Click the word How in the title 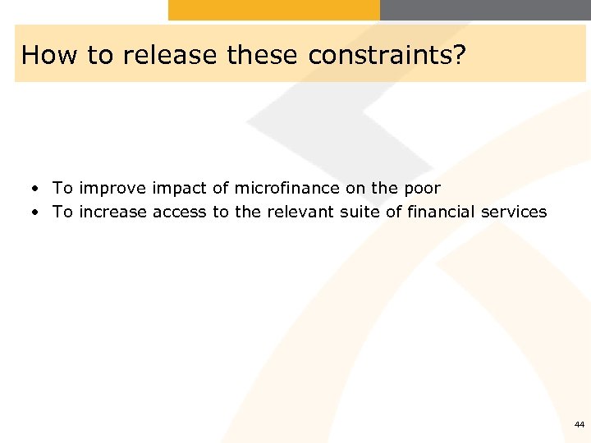click(43, 54)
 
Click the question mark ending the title click(456, 54)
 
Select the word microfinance click(286, 188)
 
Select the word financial click(441, 212)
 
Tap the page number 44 click(580, 425)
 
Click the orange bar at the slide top click(273, 10)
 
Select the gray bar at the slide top click(484, 10)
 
